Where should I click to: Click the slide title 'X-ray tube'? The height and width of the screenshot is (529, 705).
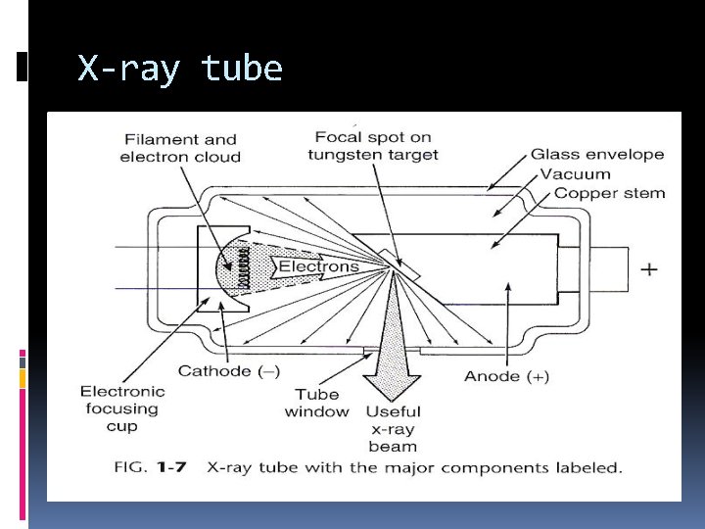point(180,69)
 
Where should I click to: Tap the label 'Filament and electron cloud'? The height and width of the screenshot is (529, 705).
point(180,148)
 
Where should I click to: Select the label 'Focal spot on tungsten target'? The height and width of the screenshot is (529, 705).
point(373,145)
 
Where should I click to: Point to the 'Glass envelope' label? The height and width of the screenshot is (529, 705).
point(597,154)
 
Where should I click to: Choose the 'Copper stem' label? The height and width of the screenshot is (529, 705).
point(609,193)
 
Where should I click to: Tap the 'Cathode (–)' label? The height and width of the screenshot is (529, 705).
point(228,371)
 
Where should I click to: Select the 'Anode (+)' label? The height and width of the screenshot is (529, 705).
point(506,376)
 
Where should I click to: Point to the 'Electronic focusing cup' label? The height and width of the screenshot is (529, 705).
point(122,409)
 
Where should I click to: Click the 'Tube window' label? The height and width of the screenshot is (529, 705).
point(316,403)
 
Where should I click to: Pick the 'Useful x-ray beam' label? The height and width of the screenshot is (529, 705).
point(392,429)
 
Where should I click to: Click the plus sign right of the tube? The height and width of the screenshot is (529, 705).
point(649,268)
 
